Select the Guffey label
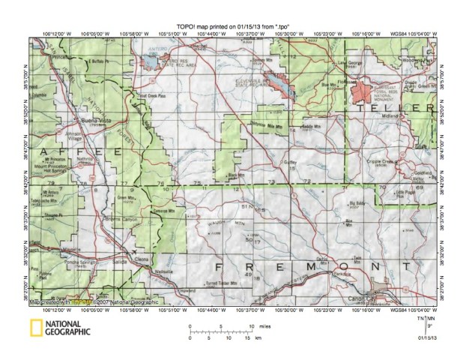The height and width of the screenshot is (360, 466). click(x=292, y=161)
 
